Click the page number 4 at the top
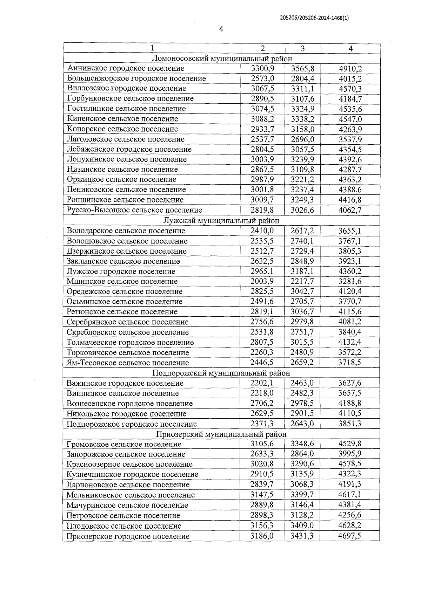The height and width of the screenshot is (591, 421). (x=221, y=29)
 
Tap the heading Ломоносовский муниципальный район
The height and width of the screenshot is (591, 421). (x=222, y=59)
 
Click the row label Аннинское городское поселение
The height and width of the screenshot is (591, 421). (x=126, y=68)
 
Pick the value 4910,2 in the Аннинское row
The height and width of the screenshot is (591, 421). (x=350, y=69)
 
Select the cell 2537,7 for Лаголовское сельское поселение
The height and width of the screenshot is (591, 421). (x=262, y=139)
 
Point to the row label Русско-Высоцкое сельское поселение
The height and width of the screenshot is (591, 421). (x=134, y=210)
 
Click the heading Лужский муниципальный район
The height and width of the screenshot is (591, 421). (x=221, y=221)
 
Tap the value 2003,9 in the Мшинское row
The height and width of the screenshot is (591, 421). (x=262, y=281)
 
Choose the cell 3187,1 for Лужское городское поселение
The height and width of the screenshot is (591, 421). (x=302, y=272)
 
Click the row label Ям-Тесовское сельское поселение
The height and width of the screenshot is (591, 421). (x=128, y=363)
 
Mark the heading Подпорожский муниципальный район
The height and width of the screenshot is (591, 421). (x=221, y=373)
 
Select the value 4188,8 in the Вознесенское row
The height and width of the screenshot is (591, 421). (x=350, y=403)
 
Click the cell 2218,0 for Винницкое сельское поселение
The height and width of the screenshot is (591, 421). (x=262, y=393)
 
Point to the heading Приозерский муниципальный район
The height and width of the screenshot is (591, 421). (x=221, y=434)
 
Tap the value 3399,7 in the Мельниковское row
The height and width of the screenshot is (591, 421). (x=302, y=495)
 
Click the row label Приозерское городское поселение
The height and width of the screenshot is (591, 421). (x=128, y=536)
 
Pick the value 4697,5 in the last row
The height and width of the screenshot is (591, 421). (x=350, y=536)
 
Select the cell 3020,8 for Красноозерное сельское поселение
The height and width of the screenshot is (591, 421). (x=262, y=464)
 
